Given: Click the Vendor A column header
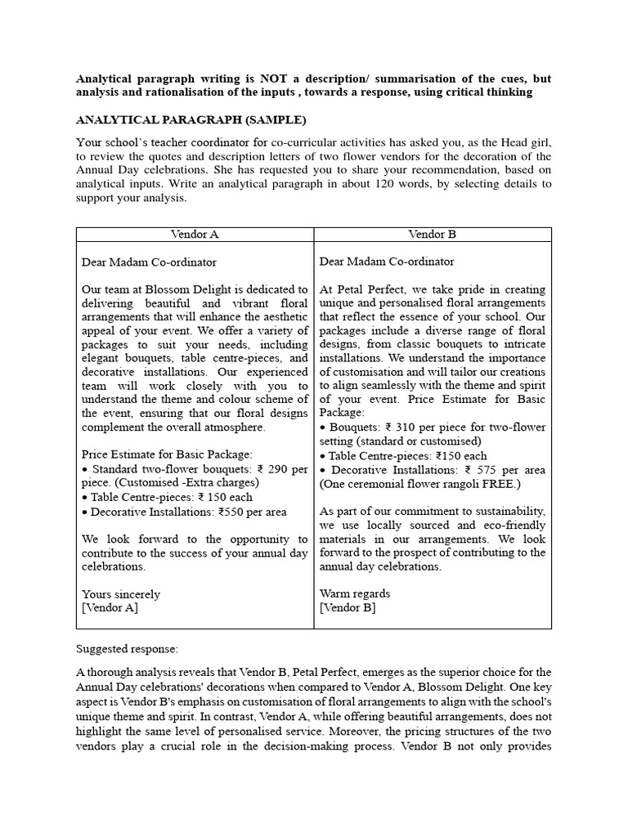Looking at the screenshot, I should click(195, 234).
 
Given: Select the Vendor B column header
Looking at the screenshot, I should click(432, 234).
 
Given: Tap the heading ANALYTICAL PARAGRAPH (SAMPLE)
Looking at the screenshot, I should click(191, 120).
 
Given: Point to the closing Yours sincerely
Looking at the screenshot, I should click(121, 594).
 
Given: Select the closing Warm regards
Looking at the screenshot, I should click(354, 593).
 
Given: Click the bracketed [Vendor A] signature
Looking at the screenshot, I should click(110, 607).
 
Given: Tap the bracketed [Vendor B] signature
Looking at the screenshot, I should click(348, 607).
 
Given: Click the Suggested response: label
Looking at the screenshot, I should click(127, 649).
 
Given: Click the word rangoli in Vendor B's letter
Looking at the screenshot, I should click(460, 483).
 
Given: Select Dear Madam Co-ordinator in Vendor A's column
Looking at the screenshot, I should click(149, 262).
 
